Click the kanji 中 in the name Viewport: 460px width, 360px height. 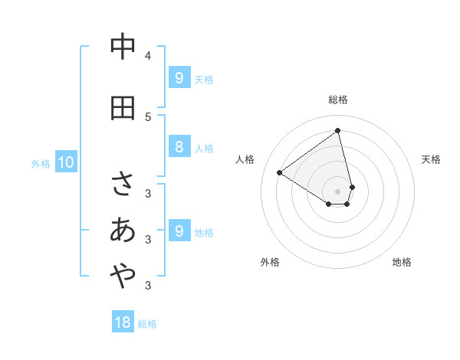pyautogui.click(x=123, y=47)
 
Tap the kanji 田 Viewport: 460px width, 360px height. pyautogui.click(x=123, y=108)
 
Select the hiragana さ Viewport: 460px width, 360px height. pyautogui.click(x=123, y=183)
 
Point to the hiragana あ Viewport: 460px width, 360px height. pyautogui.click(x=123, y=231)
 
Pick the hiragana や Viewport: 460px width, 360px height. pyautogui.click(x=123, y=278)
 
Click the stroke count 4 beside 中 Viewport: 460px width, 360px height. pyautogui.click(x=148, y=55)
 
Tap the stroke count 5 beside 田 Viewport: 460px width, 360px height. pyautogui.click(x=148, y=116)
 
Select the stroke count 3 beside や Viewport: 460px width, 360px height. pyautogui.click(x=148, y=286)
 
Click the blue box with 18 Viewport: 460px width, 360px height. pyautogui.click(x=123, y=322)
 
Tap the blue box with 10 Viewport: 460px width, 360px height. pyautogui.click(x=65, y=162)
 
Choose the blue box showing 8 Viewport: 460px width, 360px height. pyautogui.click(x=179, y=148)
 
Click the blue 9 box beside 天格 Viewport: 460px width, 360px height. pyautogui.click(x=179, y=78)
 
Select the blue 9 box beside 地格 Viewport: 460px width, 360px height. pyautogui.click(x=179, y=231)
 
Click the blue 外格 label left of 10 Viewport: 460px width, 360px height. pyautogui.click(x=40, y=163)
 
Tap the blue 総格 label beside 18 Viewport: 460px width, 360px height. pyautogui.click(x=147, y=324)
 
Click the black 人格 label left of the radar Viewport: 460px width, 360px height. pyautogui.click(x=245, y=159)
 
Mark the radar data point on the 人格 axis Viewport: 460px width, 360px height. pyautogui.click(x=279, y=173)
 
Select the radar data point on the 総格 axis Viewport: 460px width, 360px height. pyautogui.click(x=338, y=130)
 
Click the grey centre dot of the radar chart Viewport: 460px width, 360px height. pyautogui.click(x=338, y=191)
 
